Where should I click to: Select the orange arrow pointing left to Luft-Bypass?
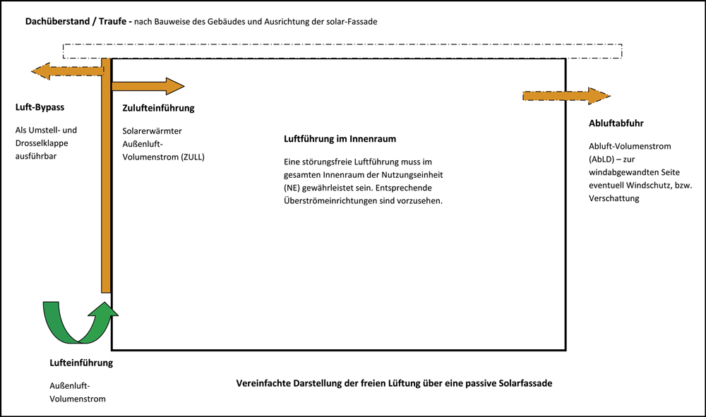(x=68, y=71)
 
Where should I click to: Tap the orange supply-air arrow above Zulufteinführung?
(x=148, y=86)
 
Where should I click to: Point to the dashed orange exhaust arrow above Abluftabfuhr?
(x=566, y=96)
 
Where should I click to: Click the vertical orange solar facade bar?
(x=106, y=176)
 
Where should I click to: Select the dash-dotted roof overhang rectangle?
(x=342, y=52)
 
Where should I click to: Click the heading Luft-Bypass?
(x=40, y=107)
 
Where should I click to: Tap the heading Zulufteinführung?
(x=158, y=108)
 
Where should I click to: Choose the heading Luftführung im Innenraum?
(x=340, y=139)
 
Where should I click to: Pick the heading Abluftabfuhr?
(x=616, y=123)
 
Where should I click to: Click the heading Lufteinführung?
(x=81, y=363)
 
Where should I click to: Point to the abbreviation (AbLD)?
(x=602, y=159)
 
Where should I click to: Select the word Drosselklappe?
(x=42, y=143)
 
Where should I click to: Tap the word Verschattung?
(x=614, y=198)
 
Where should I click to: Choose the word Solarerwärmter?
(x=152, y=131)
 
